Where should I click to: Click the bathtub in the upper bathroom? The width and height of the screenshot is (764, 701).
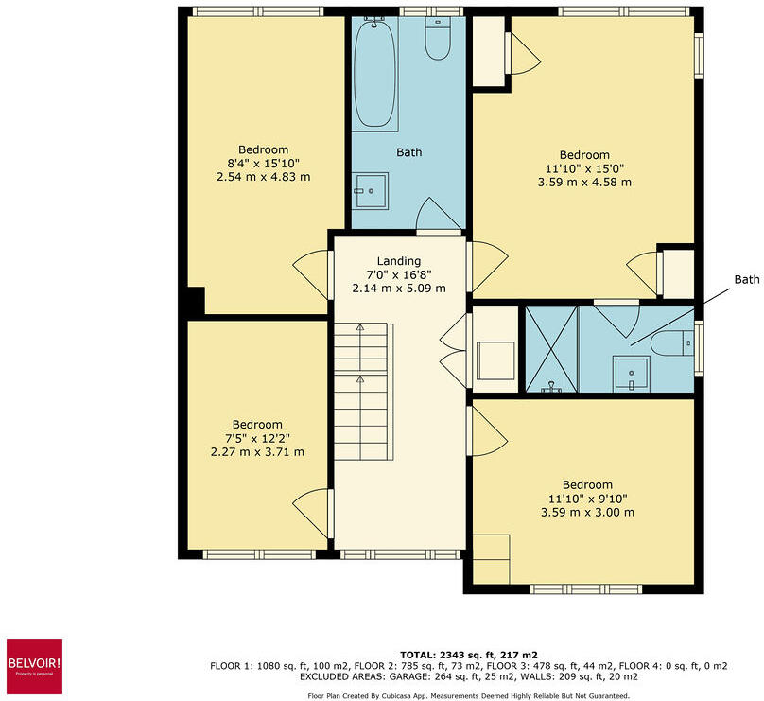[x=375, y=74]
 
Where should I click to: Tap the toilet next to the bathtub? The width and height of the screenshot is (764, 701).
[x=438, y=39]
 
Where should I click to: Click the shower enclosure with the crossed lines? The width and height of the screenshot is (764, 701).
[x=550, y=348]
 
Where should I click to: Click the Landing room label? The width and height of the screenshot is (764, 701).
[x=398, y=262]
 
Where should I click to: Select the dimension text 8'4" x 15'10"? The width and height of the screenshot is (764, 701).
[x=263, y=164]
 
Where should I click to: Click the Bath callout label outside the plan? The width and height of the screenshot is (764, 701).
[x=747, y=280]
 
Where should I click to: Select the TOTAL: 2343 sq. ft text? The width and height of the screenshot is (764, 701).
[x=468, y=655]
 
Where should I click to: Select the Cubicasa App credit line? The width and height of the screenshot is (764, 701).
[x=468, y=695]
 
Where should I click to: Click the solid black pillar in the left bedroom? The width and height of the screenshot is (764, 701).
[x=193, y=302]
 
